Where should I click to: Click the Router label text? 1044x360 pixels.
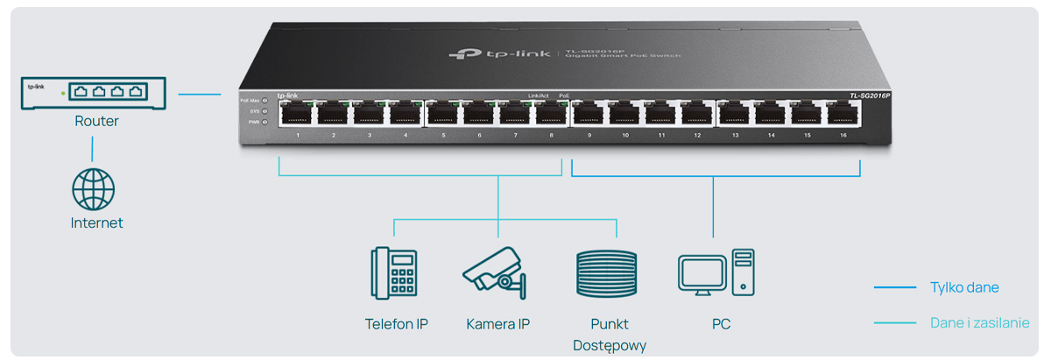click(96, 121)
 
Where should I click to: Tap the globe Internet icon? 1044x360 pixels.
click(93, 189)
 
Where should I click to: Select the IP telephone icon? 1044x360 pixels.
click(394, 272)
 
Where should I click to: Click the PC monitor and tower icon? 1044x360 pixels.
click(716, 272)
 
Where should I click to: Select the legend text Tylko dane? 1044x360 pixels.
click(963, 287)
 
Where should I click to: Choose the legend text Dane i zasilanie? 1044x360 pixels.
click(978, 323)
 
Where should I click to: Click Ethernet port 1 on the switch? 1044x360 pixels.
click(297, 114)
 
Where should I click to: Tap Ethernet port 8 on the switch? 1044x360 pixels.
click(551, 114)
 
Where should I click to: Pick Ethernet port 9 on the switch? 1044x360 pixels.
click(589, 114)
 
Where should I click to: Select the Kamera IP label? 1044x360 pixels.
click(497, 324)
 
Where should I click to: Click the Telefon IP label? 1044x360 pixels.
click(396, 324)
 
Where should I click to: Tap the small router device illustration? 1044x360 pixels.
click(94, 94)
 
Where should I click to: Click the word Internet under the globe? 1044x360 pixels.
click(96, 223)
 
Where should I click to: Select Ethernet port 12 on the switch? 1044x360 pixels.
click(697, 114)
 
